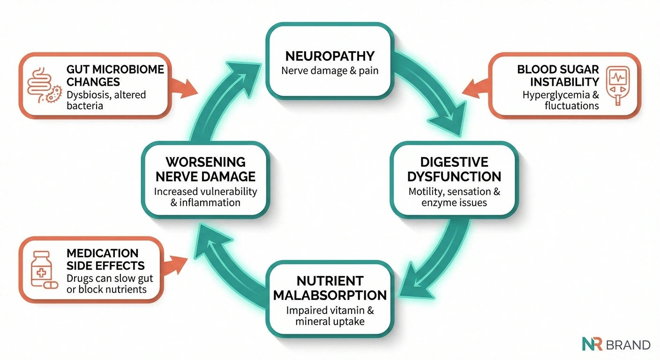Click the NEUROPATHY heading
coord(330,56)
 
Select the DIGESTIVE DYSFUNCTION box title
coord(454,169)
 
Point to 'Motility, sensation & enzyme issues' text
coord(454,197)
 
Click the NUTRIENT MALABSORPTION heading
coord(330,288)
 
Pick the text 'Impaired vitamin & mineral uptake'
coord(330,315)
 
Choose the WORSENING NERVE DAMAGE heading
coord(205,169)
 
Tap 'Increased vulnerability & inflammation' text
coord(205,197)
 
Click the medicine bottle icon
coord(42,269)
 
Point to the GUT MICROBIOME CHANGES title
coord(115,75)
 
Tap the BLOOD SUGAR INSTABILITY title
coord(558,75)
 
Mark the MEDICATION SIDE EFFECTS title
coord(105,259)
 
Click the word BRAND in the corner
coord(628,345)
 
